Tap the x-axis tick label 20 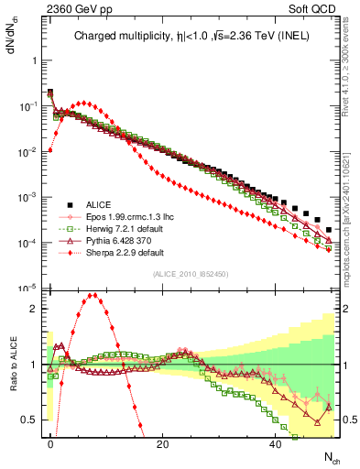pos(162,442)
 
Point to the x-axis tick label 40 pos(275,442)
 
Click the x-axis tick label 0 pos(50,442)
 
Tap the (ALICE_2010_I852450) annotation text pos(189,274)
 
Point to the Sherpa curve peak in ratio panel pos(94,295)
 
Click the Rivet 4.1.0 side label pos(352,73)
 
